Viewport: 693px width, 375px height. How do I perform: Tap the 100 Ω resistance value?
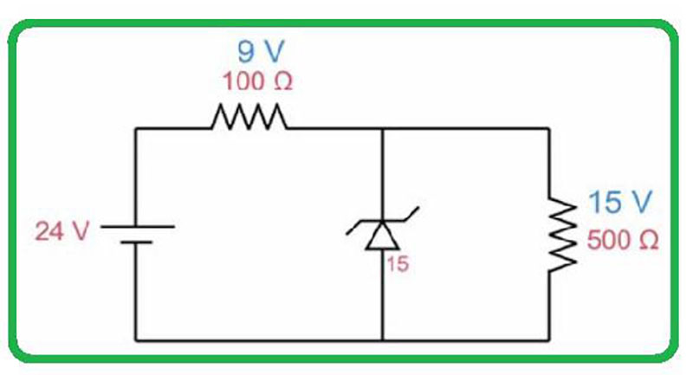[258, 82]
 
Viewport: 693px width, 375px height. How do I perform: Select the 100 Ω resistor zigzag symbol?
[248, 118]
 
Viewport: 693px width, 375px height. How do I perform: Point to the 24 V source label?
[62, 232]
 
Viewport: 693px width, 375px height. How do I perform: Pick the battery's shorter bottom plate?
[136, 242]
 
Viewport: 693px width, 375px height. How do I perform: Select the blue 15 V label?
[619, 204]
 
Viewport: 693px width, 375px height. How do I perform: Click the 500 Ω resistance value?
[622, 240]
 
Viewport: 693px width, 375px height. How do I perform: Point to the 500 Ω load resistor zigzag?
[561, 234]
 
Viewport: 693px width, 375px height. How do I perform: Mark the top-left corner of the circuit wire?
[136, 129]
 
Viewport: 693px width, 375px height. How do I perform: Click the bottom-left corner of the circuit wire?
[136, 339]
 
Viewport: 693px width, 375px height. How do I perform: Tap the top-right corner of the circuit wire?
[549, 129]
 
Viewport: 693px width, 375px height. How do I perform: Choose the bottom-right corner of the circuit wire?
[549, 339]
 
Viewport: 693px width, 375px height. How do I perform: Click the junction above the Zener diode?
[382, 129]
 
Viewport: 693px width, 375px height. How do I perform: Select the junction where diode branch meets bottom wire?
[382, 339]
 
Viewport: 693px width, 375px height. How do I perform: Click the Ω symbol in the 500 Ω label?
[647, 241]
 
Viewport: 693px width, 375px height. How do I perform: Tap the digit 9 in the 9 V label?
[245, 51]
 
